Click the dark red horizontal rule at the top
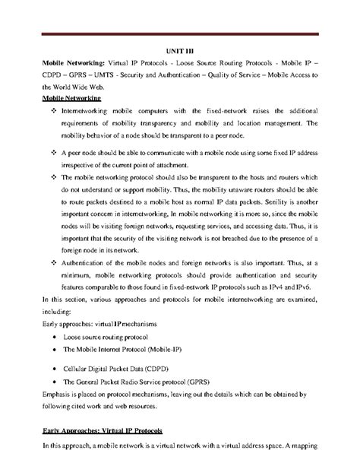[x=180, y=34]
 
